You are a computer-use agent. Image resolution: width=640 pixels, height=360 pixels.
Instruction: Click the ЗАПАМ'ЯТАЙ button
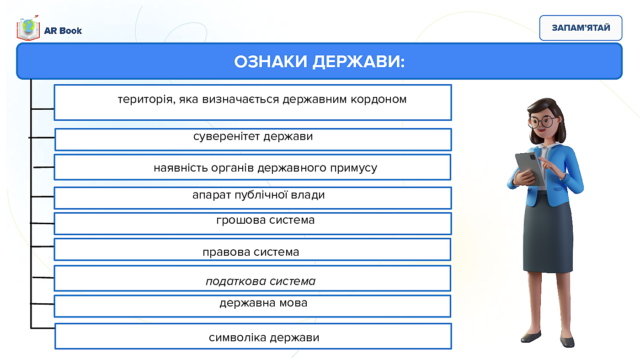pyautogui.click(x=581, y=28)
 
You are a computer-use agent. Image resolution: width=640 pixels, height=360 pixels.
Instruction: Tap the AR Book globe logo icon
pyautogui.click(x=28, y=28)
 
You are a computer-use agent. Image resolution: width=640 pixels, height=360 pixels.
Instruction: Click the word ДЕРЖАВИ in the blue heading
pyautogui.click(x=358, y=62)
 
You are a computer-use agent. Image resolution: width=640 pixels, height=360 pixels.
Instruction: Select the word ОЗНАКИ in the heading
pyautogui.click(x=271, y=61)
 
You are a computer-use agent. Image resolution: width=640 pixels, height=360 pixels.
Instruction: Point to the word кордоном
pyautogui.click(x=379, y=100)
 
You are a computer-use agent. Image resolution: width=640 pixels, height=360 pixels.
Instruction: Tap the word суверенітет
pyautogui.click(x=226, y=136)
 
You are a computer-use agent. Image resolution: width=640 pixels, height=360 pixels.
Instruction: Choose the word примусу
pyautogui.click(x=354, y=168)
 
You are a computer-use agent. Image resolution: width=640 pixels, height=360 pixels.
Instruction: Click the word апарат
pyautogui.click(x=211, y=195)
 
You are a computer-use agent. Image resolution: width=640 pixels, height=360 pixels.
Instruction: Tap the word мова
pyautogui.click(x=293, y=303)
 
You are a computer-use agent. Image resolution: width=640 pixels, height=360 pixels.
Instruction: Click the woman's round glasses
pyautogui.click(x=542, y=122)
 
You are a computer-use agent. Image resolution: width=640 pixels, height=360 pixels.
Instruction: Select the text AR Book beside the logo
pyautogui.click(x=63, y=31)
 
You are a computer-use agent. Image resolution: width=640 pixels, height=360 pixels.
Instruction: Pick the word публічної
pyautogui.click(x=261, y=195)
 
